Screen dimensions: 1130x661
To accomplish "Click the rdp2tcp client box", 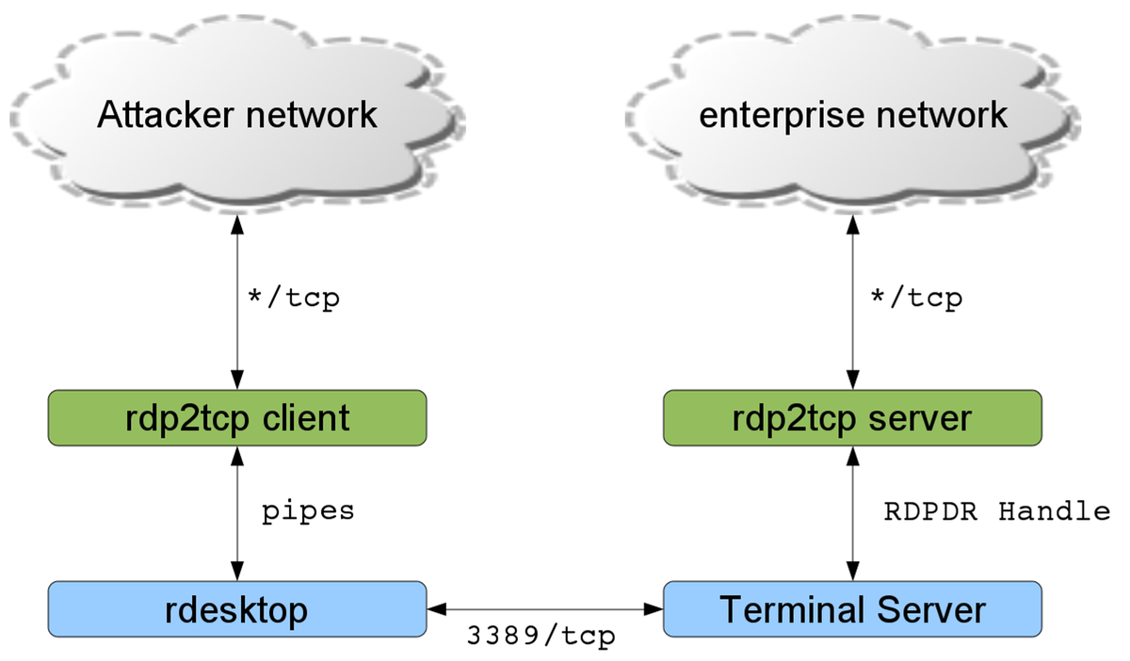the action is [x=237, y=418].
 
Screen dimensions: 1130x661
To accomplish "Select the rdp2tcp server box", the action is [x=852, y=418].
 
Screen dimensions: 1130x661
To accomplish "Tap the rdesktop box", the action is [x=237, y=609].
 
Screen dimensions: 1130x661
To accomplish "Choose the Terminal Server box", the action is [x=852, y=609].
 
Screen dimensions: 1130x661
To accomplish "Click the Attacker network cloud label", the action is [x=237, y=115].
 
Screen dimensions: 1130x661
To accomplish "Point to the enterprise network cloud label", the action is [x=853, y=116].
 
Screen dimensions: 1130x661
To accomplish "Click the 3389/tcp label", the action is [x=541, y=636].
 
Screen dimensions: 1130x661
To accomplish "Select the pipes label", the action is [x=308, y=512].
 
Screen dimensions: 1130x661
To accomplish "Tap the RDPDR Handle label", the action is [x=997, y=511].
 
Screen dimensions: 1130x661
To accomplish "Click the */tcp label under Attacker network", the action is [x=294, y=298].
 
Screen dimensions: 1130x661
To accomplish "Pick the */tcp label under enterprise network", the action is [x=916, y=298].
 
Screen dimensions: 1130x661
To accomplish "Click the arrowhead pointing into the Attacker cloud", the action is [x=237, y=225].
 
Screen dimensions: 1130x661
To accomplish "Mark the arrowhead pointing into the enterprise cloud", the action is [x=852, y=225].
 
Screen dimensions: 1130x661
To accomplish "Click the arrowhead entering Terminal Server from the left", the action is [x=654, y=609].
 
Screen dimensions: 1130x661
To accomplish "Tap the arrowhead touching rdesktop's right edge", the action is [x=437, y=609].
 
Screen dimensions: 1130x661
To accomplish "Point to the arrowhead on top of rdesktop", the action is [x=237, y=571].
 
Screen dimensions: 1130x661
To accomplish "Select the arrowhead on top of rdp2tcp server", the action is [x=852, y=379].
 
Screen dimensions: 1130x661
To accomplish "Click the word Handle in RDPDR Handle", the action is [x=1055, y=511].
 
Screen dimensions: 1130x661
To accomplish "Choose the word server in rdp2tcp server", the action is [x=920, y=419].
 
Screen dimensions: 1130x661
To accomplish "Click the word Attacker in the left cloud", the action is [x=166, y=115].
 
